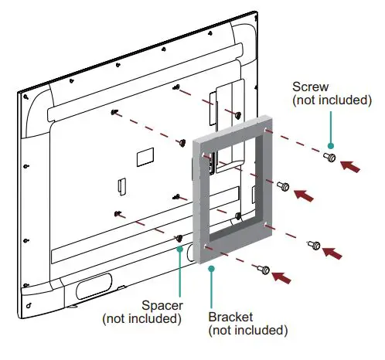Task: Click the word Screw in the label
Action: point(309,87)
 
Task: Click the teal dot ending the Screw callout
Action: point(329,145)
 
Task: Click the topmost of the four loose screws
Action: point(327,157)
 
